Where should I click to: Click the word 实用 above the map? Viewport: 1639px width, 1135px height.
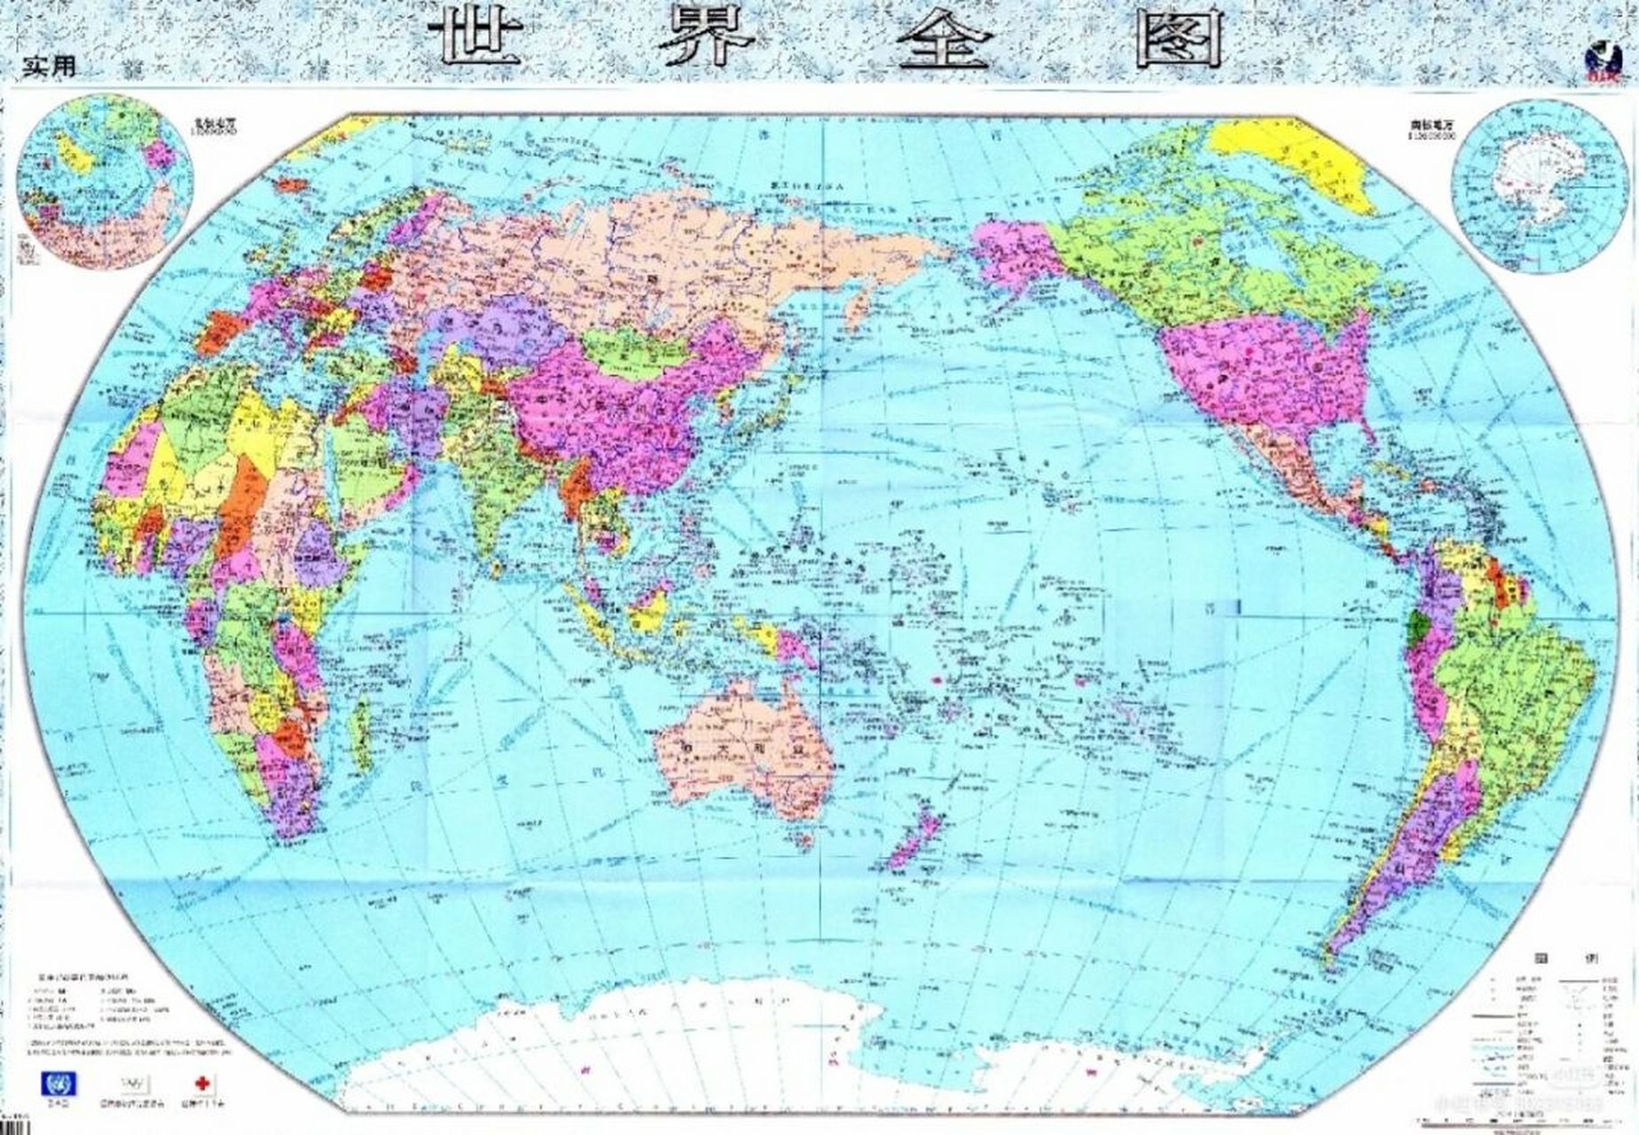tap(50, 66)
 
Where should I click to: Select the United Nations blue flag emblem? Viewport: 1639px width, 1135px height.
tap(59, 1084)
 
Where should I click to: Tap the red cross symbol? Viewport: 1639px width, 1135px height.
tap(203, 1084)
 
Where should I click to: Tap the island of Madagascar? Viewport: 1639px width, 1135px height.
tap(359, 732)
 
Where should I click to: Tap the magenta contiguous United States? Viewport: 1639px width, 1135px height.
tap(1259, 372)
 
